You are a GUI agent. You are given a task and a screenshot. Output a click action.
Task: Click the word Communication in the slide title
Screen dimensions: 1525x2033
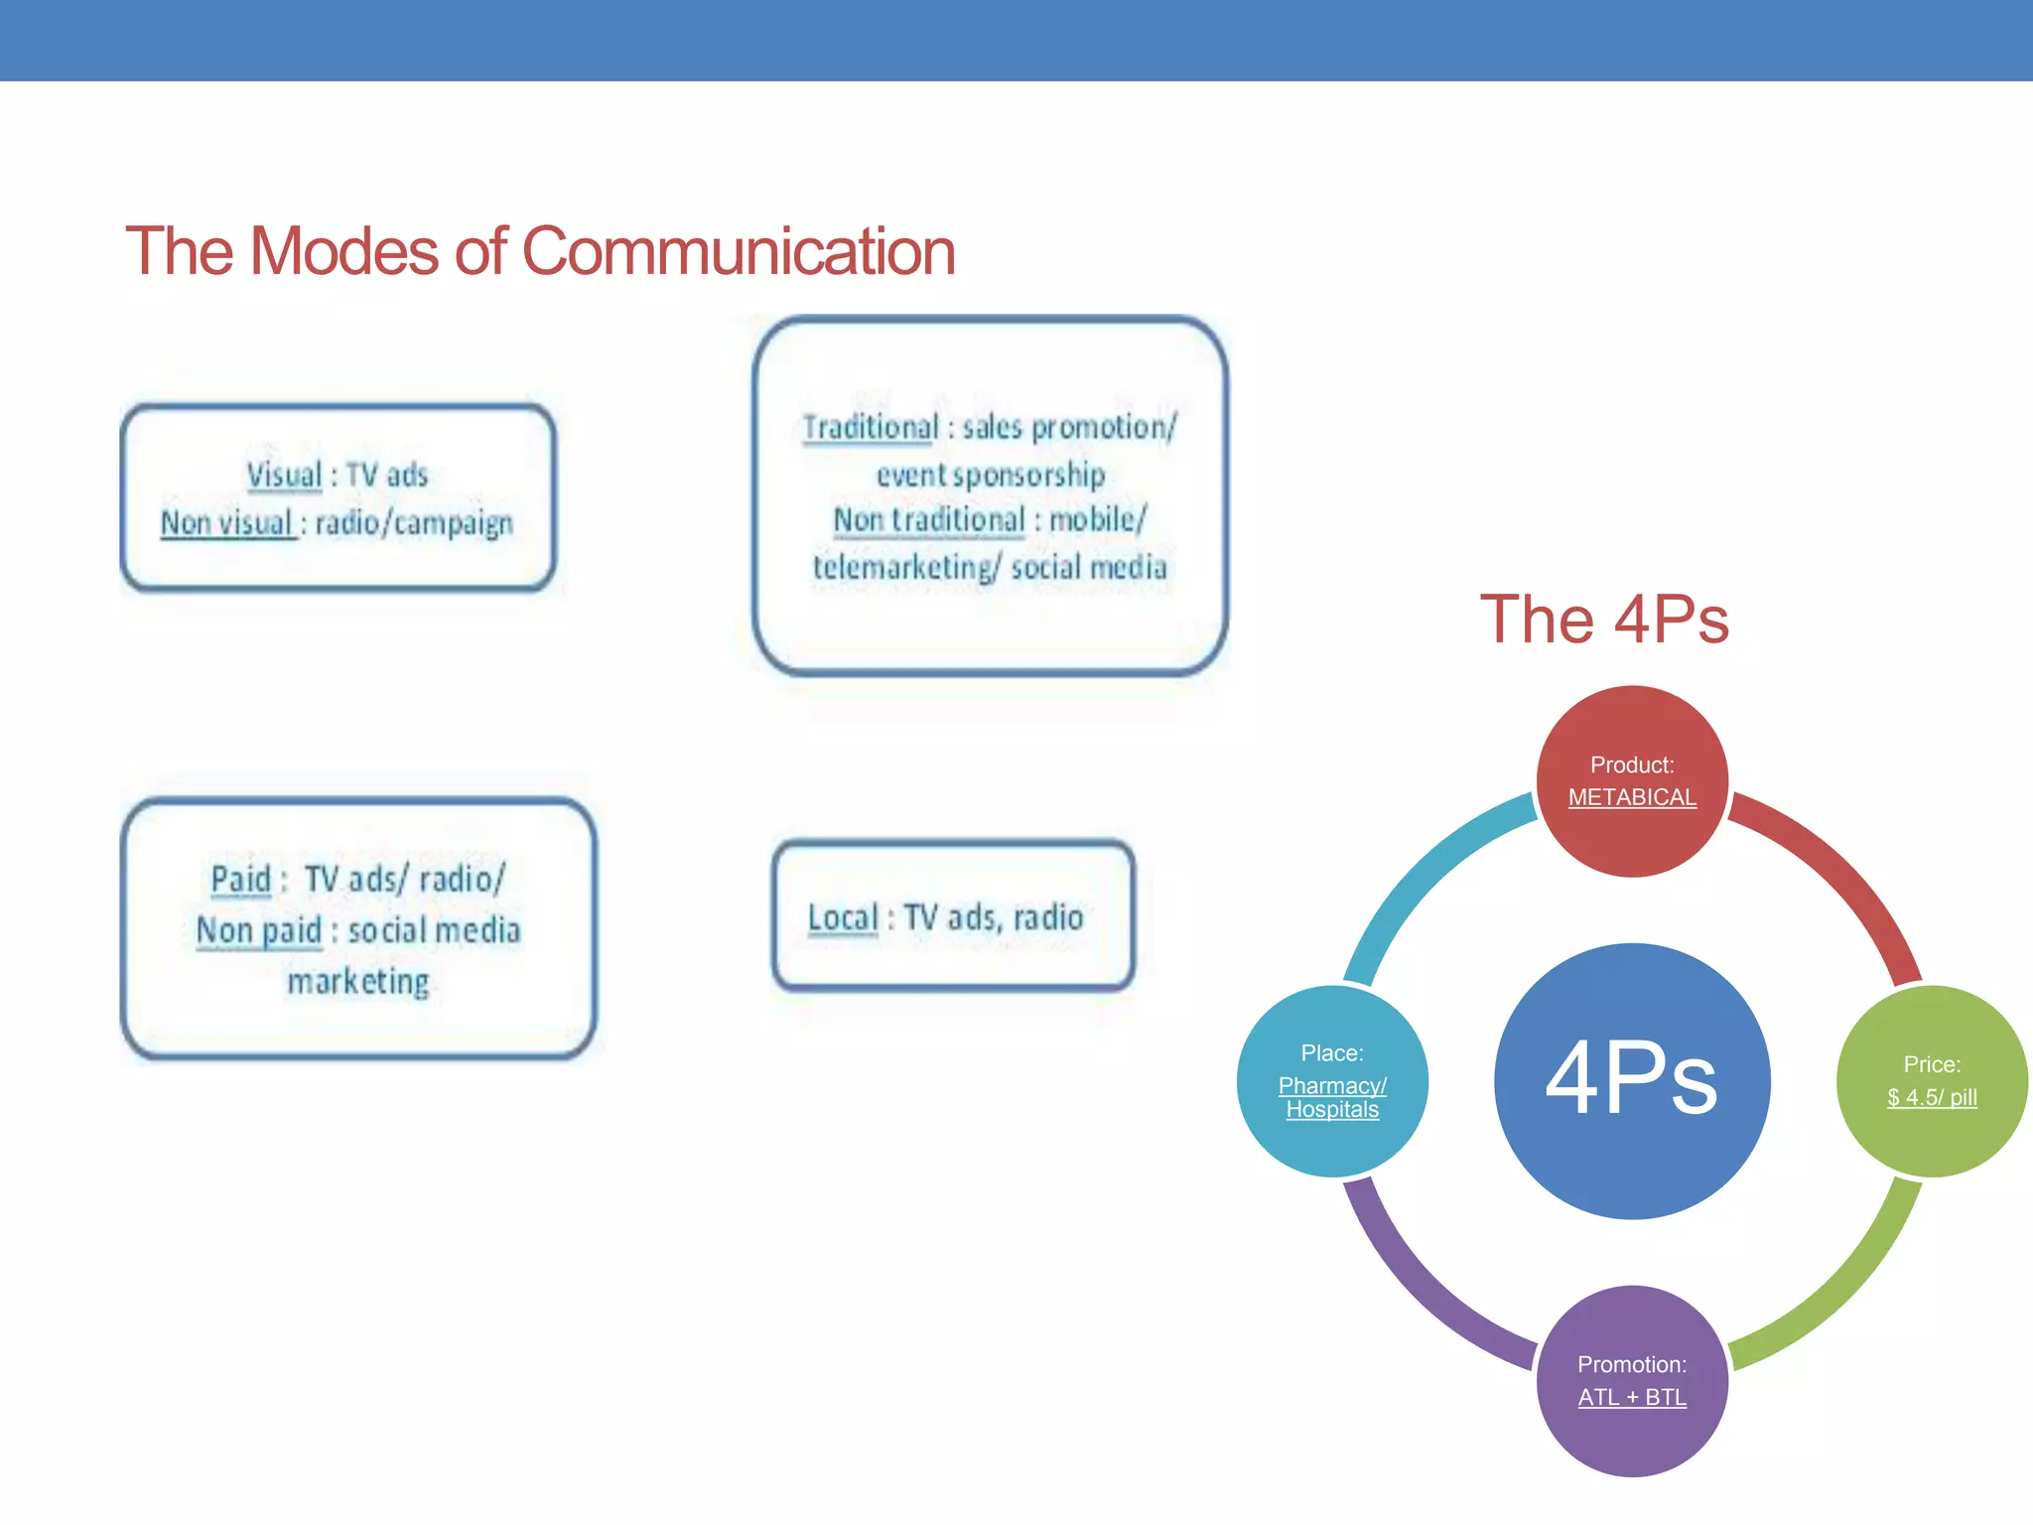[x=738, y=251]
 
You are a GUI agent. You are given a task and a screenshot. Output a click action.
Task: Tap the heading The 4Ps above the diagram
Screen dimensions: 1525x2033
[x=1604, y=620]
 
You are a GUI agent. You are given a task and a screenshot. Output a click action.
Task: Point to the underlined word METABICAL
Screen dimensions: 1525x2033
[x=1632, y=797]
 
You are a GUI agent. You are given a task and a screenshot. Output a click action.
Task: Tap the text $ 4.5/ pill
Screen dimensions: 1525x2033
[x=1932, y=1097]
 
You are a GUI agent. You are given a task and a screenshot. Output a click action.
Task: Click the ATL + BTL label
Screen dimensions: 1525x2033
[x=1632, y=1397]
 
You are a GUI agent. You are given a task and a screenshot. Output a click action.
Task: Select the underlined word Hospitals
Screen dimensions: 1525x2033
[x=1332, y=1110]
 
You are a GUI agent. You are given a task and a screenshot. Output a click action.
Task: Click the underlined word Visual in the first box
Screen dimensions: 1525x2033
[x=285, y=475]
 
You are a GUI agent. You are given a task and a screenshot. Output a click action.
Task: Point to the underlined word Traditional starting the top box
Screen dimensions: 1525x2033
[x=871, y=427]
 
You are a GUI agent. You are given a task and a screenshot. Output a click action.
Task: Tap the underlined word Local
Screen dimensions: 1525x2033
[x=843, y=917]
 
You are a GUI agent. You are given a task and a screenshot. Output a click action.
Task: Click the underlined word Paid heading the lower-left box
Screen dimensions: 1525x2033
[x=241, y=879]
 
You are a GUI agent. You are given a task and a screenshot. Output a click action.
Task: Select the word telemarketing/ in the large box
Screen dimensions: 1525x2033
[x=906, y=568]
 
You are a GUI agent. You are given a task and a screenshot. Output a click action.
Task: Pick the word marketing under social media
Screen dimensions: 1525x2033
[x=358, y=981]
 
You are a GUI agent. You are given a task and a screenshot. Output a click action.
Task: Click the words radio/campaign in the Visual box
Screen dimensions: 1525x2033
[x=414, y=523]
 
